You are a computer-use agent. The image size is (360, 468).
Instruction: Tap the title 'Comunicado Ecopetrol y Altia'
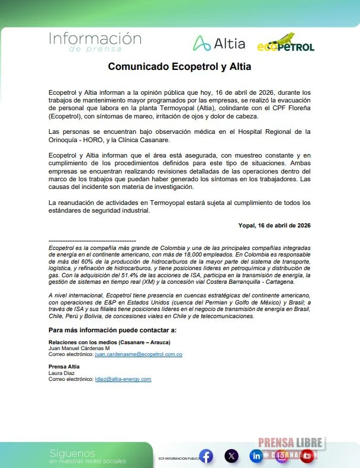179,67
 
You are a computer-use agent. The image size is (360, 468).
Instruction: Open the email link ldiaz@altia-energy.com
123,379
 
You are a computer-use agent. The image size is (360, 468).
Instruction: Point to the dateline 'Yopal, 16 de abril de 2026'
273,225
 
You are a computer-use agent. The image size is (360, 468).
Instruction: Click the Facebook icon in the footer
206,456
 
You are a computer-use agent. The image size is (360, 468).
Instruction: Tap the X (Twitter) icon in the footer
232,456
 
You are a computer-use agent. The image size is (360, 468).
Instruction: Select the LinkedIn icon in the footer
256,456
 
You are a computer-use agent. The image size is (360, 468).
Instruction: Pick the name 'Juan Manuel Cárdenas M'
75,348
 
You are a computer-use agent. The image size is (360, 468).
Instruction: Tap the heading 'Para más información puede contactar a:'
112,329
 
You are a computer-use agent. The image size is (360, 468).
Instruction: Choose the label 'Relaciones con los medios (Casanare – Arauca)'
109,342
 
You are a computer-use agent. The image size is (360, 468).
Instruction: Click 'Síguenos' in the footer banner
72,453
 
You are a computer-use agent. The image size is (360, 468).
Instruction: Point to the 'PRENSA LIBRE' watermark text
290,443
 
